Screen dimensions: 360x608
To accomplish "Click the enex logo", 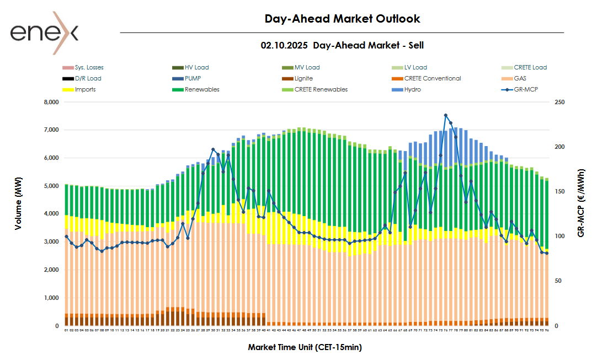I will click(x=44, y=33).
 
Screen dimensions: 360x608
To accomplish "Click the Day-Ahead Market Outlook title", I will click(x=342, y=19).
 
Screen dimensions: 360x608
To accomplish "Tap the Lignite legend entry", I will click(x=303, y=78).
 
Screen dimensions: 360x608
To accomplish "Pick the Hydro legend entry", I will click(x=412, y=89).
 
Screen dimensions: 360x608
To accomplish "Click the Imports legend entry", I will click(x=85, y=89).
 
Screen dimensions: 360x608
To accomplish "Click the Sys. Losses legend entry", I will click(x=89, y=67).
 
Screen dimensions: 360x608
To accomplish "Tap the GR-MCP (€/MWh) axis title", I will click(x=581, y=203).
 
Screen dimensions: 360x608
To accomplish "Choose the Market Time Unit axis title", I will click(x=305, y=347).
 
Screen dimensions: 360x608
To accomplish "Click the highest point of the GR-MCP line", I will click(x=446, y=115).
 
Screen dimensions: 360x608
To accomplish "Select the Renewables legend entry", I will click(x=202, y=89).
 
